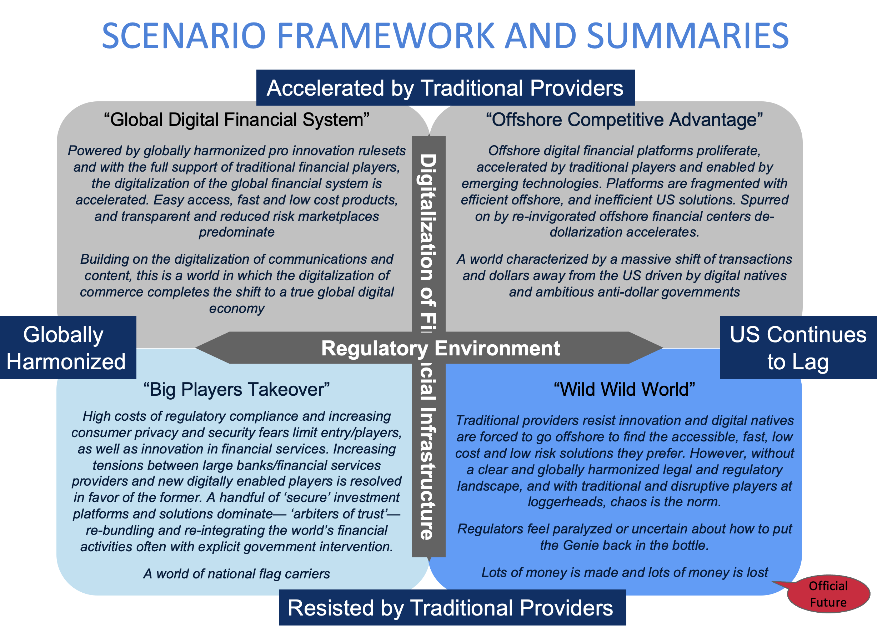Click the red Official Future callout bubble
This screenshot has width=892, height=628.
coord(828,594)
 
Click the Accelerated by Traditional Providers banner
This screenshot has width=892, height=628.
coord(445,88)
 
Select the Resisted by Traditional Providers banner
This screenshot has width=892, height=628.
coord(452,607)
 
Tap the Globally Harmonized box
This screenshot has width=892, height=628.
coord(67,348)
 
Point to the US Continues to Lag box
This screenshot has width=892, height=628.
coord(798,348)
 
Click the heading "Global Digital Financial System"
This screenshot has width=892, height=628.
coord(237,120)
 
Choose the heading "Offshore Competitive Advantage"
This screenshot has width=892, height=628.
coord(624,120)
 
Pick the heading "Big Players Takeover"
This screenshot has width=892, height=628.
coord(237,389)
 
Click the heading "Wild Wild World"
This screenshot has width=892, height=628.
coord(624,389)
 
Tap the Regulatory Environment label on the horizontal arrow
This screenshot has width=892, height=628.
coord(440,348)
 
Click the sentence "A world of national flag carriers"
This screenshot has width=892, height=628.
coord(237,574)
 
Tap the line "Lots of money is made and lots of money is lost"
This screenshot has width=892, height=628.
coord(624,572)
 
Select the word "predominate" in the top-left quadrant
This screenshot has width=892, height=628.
coord(237,232)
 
